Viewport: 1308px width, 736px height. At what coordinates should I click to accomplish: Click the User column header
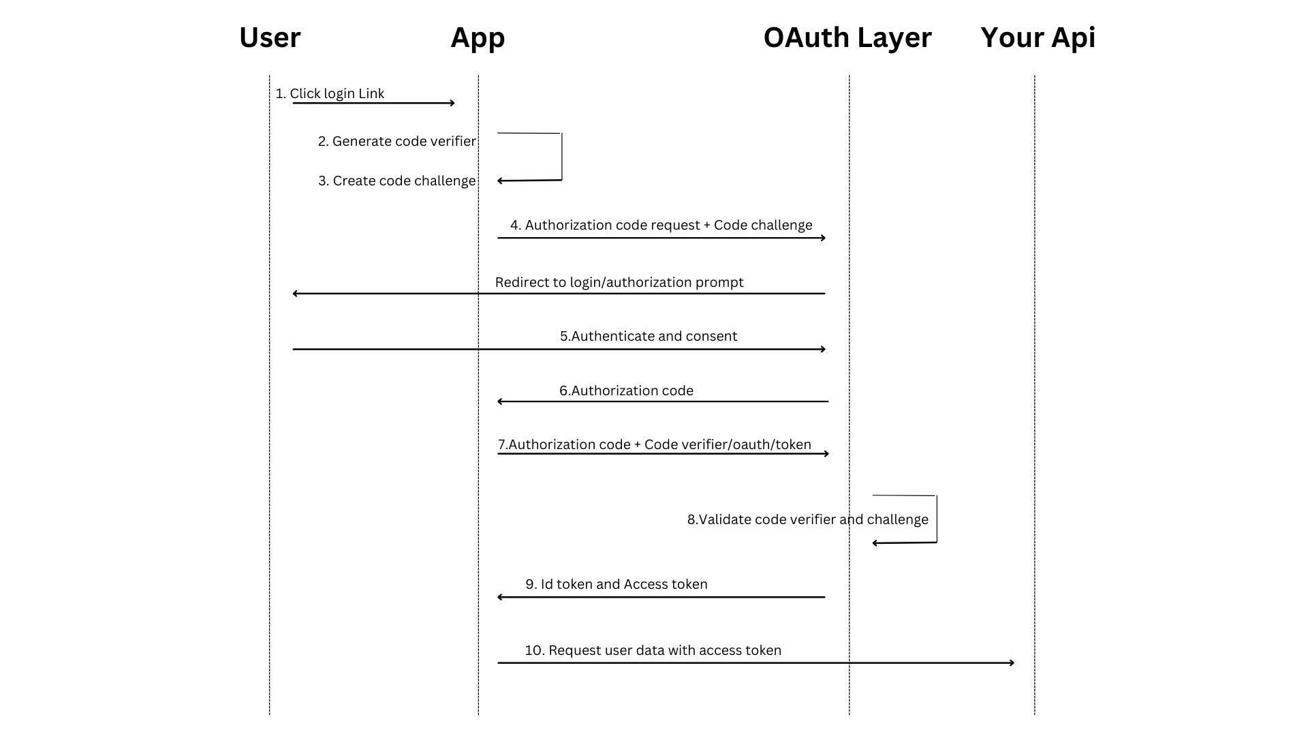pos(270,37)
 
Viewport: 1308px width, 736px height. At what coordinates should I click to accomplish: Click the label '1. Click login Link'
pos(330,94)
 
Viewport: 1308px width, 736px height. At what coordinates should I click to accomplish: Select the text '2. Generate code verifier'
pos(397,142)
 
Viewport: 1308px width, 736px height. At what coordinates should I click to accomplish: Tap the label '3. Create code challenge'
pos(397,181)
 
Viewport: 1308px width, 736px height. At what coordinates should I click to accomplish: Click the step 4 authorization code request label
pos(661,226)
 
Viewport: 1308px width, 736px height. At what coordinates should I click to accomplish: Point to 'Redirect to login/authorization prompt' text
pos(619,283)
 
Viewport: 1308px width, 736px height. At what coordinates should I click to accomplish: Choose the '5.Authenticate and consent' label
pos(649,337)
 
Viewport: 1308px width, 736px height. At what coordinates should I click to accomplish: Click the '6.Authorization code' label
pos(626,391)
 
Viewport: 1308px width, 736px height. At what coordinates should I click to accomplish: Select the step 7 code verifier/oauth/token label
pos(655,445)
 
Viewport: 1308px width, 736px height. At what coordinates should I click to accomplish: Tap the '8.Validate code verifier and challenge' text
pos(807,520)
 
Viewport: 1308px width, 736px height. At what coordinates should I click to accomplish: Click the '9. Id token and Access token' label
pos(617,585)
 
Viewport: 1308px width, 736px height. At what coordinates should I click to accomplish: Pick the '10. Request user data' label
pos(653,651)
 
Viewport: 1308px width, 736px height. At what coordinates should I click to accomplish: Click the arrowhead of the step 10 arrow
pos(1012,662)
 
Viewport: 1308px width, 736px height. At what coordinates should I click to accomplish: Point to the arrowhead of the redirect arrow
pos(294,294)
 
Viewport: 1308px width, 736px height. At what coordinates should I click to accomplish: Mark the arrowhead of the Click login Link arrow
pos(452,103)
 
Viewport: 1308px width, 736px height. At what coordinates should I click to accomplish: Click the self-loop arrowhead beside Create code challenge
pos(500,181)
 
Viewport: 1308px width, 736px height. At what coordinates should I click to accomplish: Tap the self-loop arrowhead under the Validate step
pos(875,543)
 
